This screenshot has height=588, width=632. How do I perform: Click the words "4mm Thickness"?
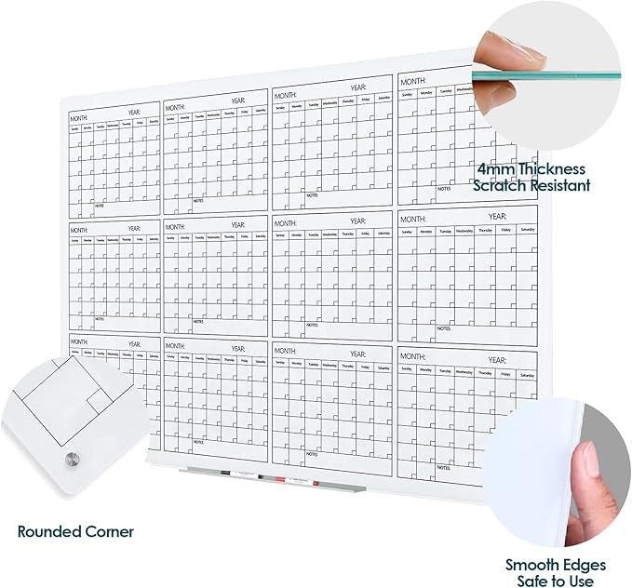coord(531,169)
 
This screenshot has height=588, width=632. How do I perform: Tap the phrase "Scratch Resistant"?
coord(531,185)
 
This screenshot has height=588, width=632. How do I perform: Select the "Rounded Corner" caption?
coord(75,532)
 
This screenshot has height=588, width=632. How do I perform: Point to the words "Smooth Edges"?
coord(556,565)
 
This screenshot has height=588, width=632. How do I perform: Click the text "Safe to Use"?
coord(556,581)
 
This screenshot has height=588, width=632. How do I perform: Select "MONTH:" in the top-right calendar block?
coord(413,82)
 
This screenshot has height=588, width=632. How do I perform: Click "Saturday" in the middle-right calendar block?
coord(527,229)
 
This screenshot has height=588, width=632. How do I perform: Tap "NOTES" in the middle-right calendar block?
coord(444,328)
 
